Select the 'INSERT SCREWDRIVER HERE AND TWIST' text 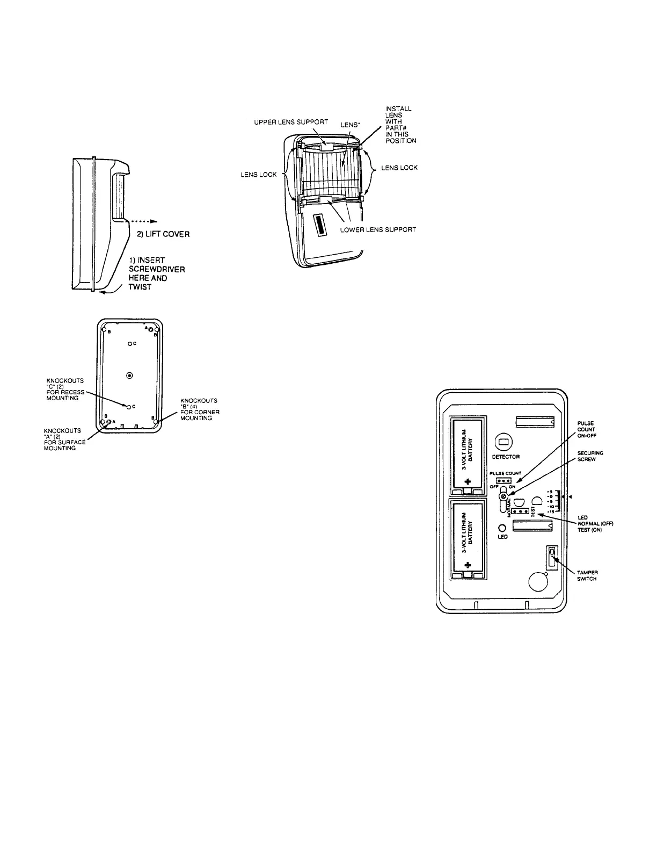pos(156,273)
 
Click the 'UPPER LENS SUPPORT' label pos(291,122)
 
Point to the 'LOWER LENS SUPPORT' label pos(378,229)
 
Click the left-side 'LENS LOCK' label pos(258,175)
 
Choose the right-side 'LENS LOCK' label pos(399,168)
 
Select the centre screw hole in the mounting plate pos(129,375)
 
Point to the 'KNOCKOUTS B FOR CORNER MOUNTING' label pos(200,409)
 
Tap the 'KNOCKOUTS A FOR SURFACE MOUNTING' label pos(64,439)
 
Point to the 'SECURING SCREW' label pos(590,456)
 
